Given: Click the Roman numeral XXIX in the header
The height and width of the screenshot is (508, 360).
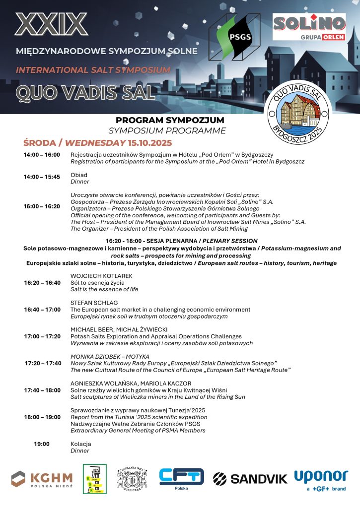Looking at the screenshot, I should (x=51, y=24).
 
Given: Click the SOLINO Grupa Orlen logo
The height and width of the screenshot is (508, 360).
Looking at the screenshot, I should (x=309, y=27).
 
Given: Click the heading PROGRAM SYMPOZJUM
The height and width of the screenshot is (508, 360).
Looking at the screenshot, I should (x=170, y=120).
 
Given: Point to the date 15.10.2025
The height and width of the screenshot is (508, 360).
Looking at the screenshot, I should (x=149, y=143).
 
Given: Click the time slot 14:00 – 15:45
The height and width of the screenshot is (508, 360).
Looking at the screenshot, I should (x=42, y=177).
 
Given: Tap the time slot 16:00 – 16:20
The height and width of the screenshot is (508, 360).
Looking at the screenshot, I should (x=42, y=206).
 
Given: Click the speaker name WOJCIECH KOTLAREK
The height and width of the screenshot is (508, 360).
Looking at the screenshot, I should (x=101, y=275).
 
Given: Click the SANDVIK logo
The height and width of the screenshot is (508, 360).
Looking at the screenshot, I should (x=250, y=478).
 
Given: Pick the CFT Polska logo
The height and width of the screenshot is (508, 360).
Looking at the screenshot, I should (x=181, y=478).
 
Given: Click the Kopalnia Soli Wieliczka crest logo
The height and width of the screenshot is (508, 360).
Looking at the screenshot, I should (x=132, y=479).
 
